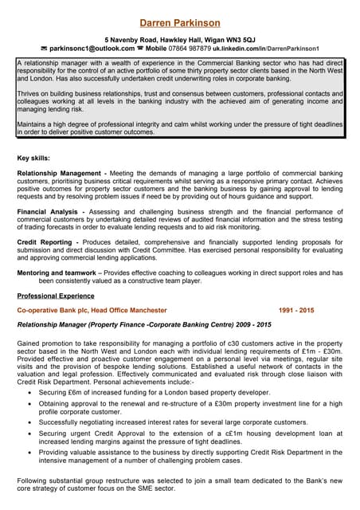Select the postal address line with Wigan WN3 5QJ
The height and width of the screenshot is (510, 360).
tap(180, 38)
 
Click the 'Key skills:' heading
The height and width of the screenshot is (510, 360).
tap(35, 158)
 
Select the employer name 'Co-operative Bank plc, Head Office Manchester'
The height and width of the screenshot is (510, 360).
tap(92, 310)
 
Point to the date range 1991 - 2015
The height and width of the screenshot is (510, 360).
tap(296, 310)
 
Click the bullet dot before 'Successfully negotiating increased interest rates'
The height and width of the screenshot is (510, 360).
tap(30, 422)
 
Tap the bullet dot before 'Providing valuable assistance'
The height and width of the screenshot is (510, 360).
tap(30, 450)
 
